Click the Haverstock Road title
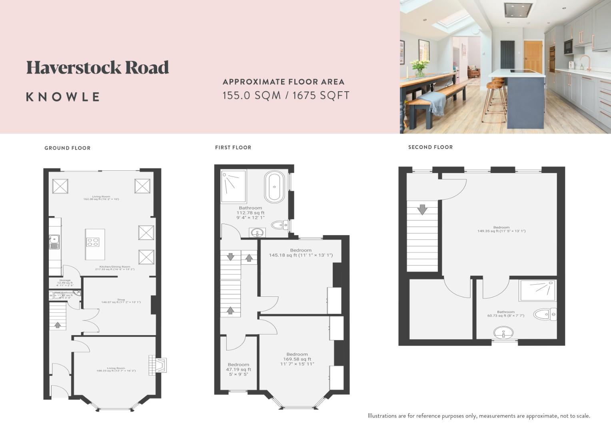click(x=98, y=68)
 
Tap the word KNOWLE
click(x=63, y=97)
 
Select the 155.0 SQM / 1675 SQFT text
click(x=286, y=96)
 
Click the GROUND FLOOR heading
click(x=67, y=148)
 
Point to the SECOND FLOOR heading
click(x=430, y=147)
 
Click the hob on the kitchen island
click(x=93, y=242)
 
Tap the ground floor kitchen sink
click(x=54, y=242)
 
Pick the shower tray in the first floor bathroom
click(x=233, y=186)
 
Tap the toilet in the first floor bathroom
click(x=280, y=225)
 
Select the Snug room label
click(x=121, y=300)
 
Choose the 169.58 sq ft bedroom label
click(x=297, y=359)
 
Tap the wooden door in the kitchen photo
click(x=533, y=56)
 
